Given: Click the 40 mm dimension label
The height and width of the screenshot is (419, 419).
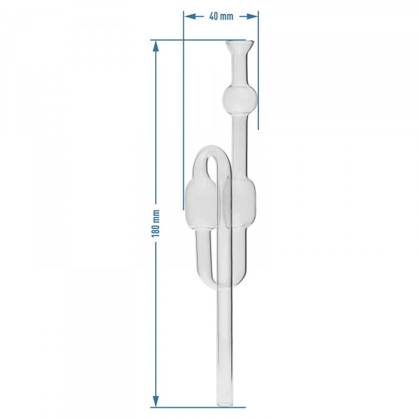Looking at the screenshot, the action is tap(221, 16).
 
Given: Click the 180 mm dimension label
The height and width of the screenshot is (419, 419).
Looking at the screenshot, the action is tap(156, 223).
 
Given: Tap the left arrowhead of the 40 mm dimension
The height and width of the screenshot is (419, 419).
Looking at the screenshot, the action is tap(190, 17).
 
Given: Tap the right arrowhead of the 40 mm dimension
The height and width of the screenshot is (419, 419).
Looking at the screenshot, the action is tap(251, 17).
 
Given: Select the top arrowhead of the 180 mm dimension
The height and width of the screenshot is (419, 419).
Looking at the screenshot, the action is tap(156, 46).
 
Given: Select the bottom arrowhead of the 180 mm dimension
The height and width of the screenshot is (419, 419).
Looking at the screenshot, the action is tap(156, 402).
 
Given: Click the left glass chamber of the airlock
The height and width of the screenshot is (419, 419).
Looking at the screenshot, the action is tap(200, 205).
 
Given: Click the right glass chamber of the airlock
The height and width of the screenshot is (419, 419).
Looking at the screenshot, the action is tap(240, 203).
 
